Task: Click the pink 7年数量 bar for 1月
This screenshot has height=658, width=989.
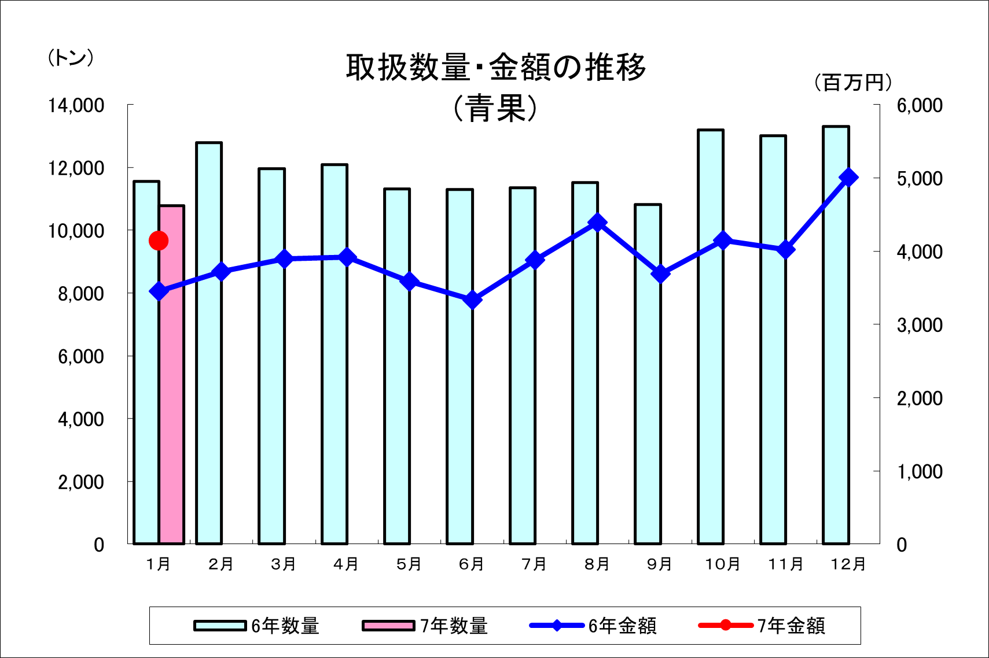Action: point(172,376)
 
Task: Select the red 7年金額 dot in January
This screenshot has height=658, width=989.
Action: point(159,241)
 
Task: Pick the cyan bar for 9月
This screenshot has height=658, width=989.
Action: point(648,405)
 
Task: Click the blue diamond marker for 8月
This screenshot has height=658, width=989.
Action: point(598,223)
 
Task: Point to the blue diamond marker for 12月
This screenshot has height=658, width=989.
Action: point(848,178)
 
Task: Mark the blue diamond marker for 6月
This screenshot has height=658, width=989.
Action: point(473,300)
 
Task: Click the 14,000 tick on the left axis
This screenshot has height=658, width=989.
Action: point(76,105)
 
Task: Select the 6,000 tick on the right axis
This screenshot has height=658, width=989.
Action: point(920,105)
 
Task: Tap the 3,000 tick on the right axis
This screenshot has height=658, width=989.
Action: point(920,325)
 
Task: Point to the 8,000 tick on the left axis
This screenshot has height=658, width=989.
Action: point(80,294)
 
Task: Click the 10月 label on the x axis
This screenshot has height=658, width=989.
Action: point(722,564)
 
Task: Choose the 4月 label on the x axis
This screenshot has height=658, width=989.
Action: point(346,564)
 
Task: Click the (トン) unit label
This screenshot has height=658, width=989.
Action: point(71,58)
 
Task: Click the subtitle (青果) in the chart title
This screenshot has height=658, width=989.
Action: point(495,108)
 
